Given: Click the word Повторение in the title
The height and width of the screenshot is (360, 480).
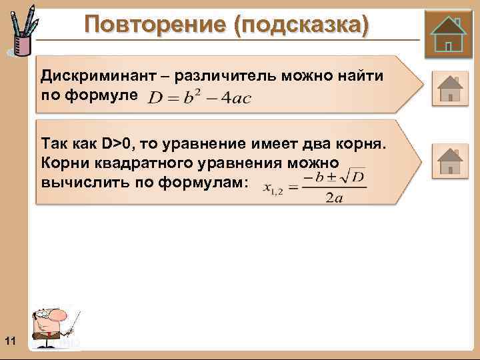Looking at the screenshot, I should pos(154,25).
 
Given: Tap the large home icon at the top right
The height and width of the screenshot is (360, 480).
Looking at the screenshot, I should pos(449,33).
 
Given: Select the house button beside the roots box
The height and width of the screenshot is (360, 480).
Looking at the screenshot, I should pos(450,161).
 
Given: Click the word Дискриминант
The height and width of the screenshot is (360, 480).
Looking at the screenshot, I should pos(91,76).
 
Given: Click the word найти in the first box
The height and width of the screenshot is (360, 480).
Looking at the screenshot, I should pos(361,76).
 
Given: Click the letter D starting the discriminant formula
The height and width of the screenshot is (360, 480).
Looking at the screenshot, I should pos(155,97).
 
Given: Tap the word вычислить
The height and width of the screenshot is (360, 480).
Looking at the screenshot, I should pos(83,181).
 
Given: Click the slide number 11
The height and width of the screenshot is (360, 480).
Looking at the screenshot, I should pos(9,342).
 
